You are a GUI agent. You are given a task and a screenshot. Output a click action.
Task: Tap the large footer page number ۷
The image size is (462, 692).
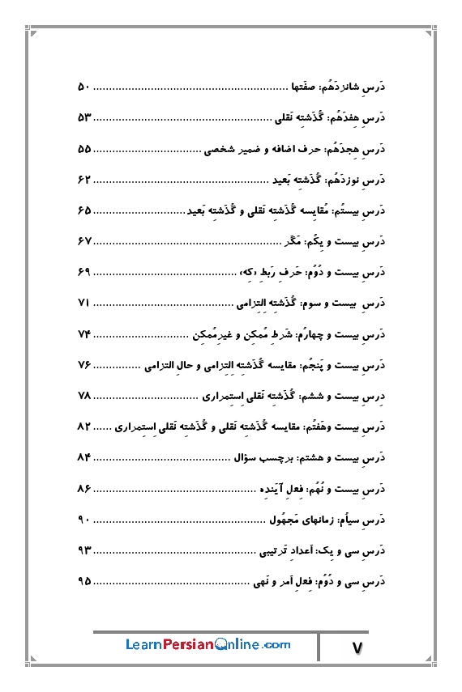(359, 647)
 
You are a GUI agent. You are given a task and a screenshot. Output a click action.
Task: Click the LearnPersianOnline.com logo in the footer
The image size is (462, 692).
(208, 644)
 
